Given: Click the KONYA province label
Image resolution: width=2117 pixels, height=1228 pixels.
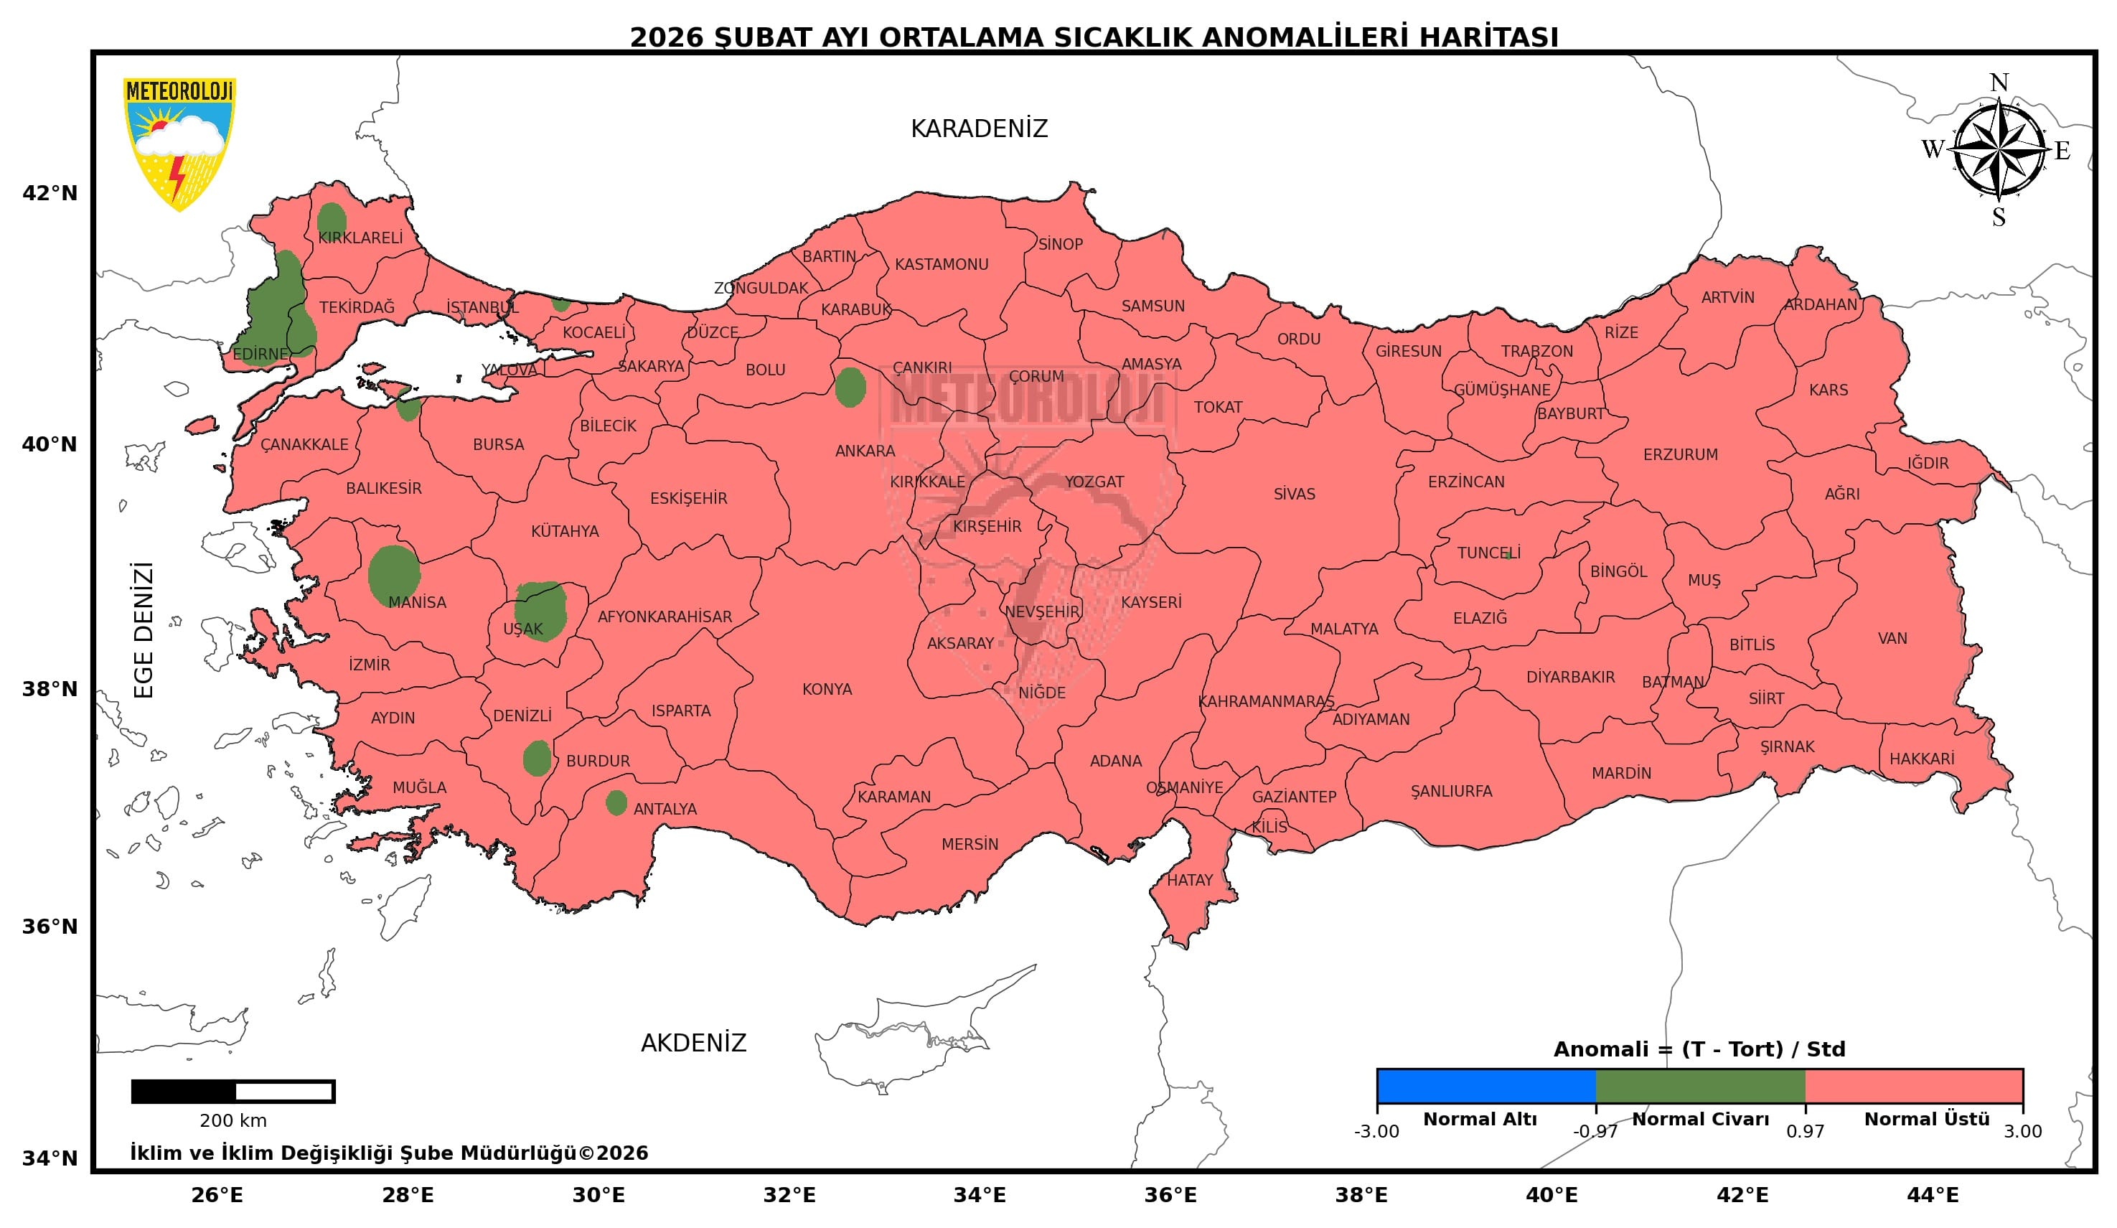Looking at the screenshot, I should pyautogui.click(x=827, y=690).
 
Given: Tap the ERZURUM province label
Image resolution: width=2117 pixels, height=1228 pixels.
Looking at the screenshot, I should pyautogui.click(x=1680, y=454).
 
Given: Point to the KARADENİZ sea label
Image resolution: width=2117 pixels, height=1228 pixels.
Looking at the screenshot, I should pyautogui.click(x=979, y=128).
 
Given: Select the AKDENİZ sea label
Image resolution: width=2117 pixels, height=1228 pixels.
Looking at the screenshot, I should pyautogui.click(x=693, y=1044).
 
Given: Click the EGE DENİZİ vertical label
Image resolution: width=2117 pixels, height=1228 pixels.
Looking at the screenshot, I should pyautogui.click(x=144, y=630).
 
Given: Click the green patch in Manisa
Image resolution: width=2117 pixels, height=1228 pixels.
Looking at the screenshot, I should pyautogui.click(x=393, y=574).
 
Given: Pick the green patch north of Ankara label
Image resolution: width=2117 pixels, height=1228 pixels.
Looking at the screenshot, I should pyautogui.click(x=850, y=388).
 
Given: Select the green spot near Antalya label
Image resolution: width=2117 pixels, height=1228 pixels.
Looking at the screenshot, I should pyautogui.click(x=616, y=803).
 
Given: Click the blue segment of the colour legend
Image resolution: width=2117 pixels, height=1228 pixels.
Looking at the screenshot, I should pyautogui.click(x=1485, y=1086).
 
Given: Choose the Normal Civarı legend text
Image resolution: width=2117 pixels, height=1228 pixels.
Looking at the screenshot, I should pyautogui.click(x=1700, y=1120).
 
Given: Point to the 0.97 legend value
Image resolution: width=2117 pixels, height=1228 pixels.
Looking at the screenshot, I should pyautogui.click(x=1805, y=1131).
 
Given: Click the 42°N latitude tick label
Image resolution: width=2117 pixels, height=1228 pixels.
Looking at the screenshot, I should pyautogui.click(x=50, y=193).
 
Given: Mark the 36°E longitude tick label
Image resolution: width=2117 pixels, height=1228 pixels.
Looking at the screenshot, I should pyautogui.click(x=1170, y=1195).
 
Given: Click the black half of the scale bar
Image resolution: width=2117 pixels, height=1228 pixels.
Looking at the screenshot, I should pyautogui.click(x=184, y=1092).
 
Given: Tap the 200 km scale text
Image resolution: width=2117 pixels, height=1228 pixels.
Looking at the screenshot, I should pyautogui.click(x=233, y=1120).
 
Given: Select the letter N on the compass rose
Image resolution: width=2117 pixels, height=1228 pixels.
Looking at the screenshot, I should pyautogui.click(x=1999, y=83).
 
